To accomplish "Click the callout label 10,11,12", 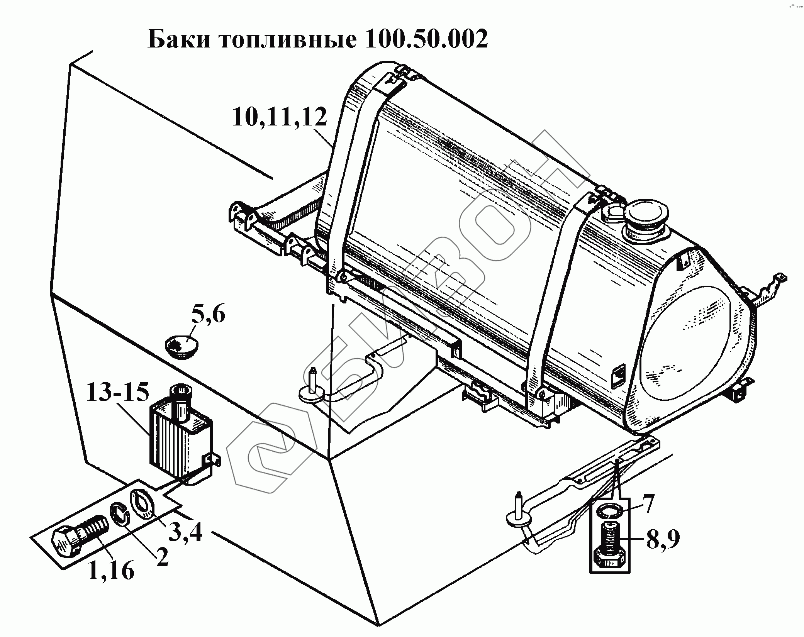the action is click(x=279, y=117).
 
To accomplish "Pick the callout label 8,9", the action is click(x=663, y=539).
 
